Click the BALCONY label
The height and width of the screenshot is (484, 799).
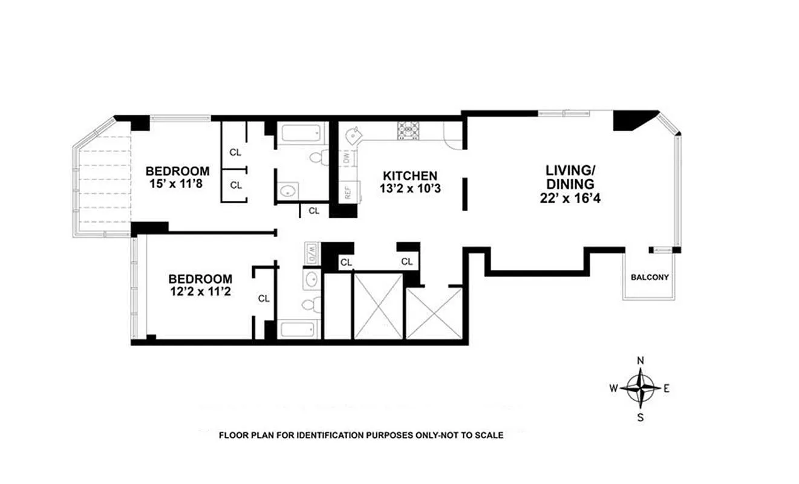pyautogui.click(x=650, y=278)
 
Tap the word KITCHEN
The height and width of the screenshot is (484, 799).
pyautogui.click(x=409, y=175)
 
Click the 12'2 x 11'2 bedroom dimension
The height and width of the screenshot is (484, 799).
pyautogui.click(x=200, y=291)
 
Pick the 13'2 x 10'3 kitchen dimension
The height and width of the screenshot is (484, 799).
pyautogui.click(x=409, y=188)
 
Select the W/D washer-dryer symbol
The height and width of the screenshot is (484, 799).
pyautogui.click(x=311, y=252)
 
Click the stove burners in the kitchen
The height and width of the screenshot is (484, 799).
pyautogui.click(x=408, y=130)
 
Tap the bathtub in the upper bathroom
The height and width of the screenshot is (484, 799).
pyautogui.click(x=302, y=132)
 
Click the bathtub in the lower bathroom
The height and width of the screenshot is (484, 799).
pyautogui.click(x=298, y=330)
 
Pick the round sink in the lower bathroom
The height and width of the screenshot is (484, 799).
pyautogui.click(x=312, y=280)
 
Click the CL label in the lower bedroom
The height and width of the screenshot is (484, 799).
pyautogui.click(x=264, y=298)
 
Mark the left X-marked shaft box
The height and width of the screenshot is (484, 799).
pyautogui.click(x=378, y=306)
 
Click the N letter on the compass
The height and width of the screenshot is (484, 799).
pyautogui.click(x=641, y=362)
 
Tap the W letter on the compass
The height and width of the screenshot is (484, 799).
pyautogui.click(x=613, y=388)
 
